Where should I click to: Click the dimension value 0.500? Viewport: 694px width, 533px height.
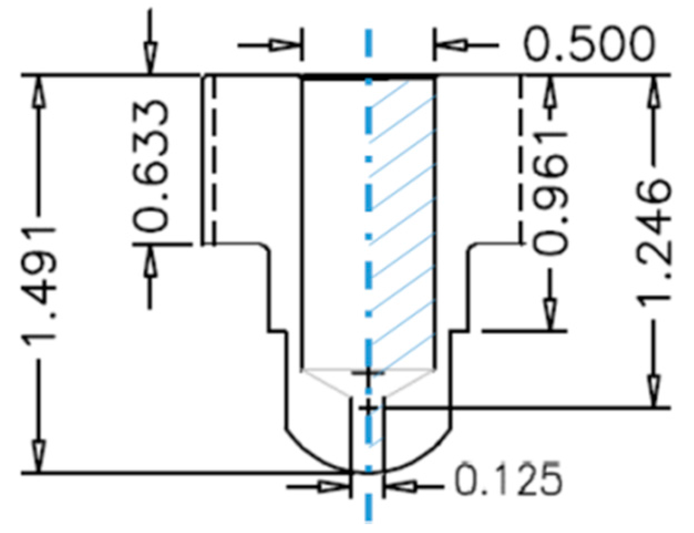point(589,44)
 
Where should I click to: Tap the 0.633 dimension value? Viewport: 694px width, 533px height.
point(151,166)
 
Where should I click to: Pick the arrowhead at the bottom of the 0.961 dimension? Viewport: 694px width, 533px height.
point(550,315)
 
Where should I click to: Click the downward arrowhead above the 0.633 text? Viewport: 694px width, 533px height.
point(149,58)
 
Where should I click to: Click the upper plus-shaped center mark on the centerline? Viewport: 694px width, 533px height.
point(367,374)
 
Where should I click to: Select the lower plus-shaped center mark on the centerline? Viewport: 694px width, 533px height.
point(368,408)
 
